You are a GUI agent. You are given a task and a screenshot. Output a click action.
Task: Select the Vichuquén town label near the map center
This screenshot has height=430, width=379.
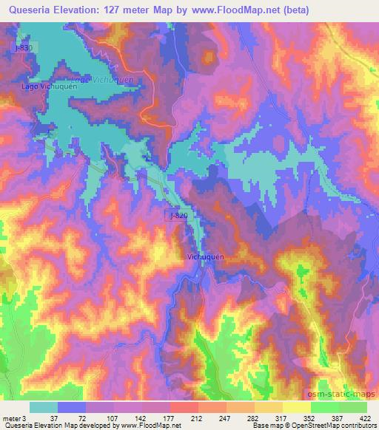coord(203,256)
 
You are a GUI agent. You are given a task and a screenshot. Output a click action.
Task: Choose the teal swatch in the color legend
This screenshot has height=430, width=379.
coord(44,407)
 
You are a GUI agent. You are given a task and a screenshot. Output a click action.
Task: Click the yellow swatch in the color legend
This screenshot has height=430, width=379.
coord(296,407)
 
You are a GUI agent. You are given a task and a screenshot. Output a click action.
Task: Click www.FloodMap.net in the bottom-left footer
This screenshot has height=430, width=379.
coord(147,425)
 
